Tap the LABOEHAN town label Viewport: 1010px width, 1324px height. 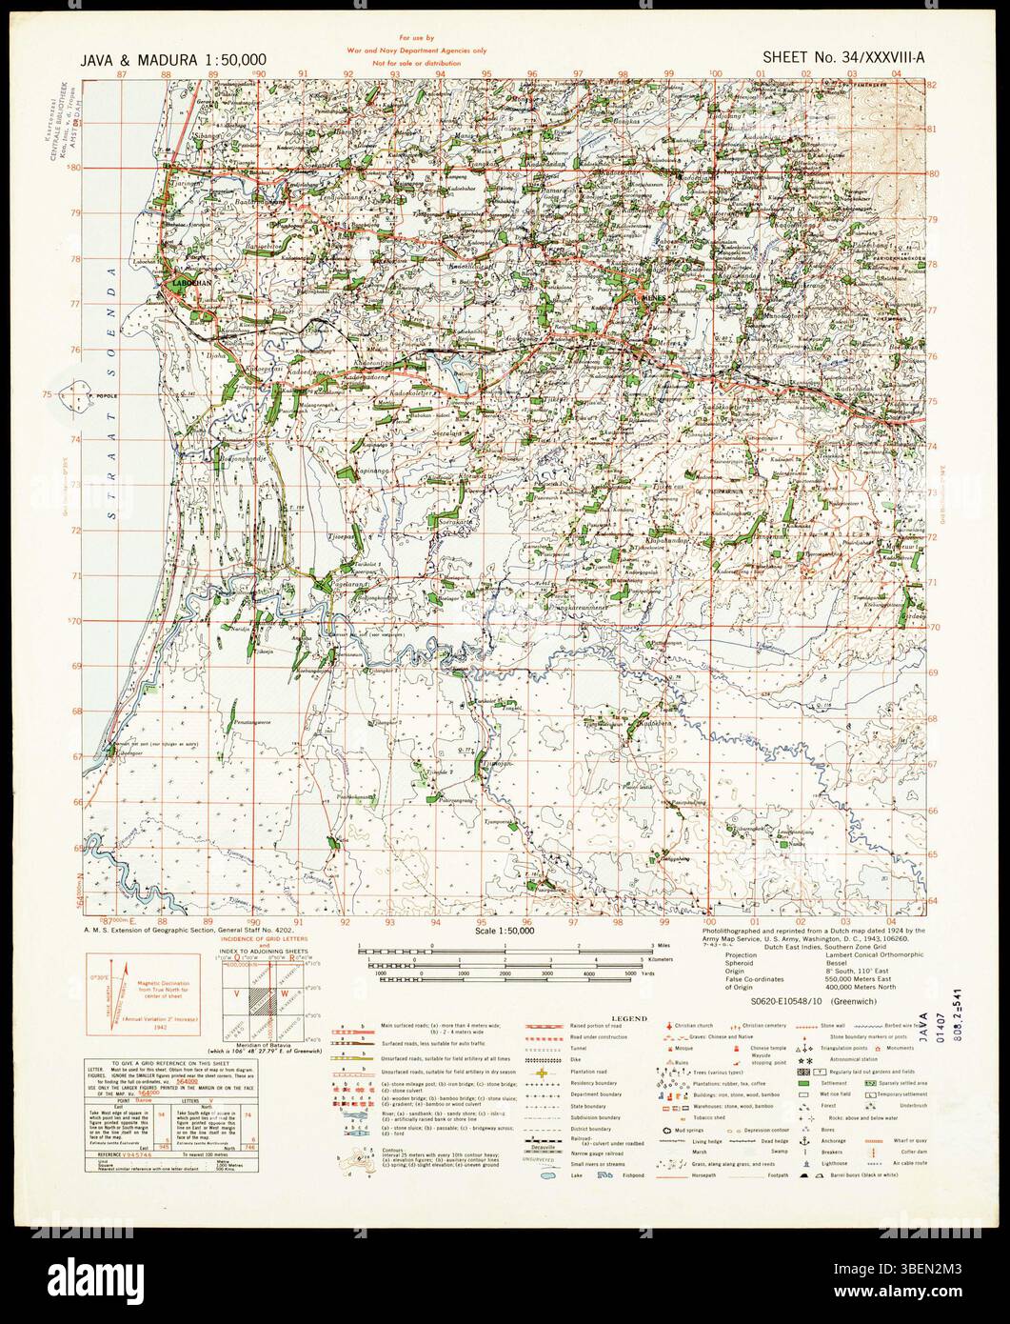(x=191, y=284)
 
